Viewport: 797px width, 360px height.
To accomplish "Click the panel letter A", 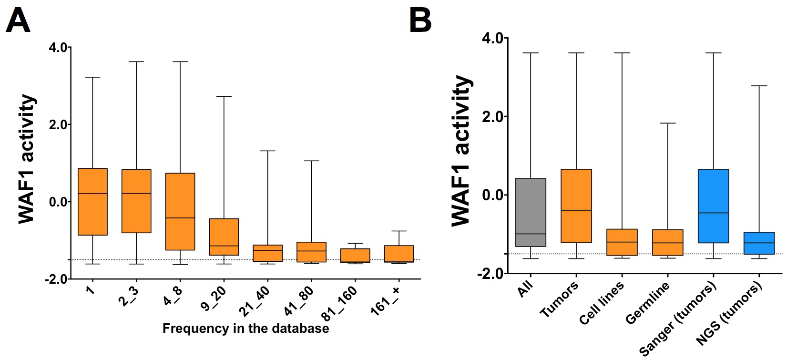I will tap(18, 21).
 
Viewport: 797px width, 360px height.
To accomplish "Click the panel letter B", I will tap(420, 21).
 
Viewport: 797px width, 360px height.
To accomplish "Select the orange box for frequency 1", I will tap(92, 202).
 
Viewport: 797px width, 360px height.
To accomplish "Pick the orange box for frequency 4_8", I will tap(180, 211).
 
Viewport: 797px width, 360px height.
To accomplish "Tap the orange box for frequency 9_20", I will tap(224, 237).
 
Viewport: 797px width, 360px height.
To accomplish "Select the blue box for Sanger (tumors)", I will tap(713, 206).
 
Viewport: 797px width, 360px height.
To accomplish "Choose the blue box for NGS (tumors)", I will tap(759, 243).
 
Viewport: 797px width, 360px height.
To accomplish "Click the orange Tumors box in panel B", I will tap(576, 206).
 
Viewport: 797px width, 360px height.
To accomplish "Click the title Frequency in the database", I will tap(245, 329).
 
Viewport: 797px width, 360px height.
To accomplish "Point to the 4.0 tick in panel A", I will tap(60, 48).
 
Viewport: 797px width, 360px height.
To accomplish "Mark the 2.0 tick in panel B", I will tap(492, 116).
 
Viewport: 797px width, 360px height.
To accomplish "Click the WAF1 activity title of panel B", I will tap(461, 150).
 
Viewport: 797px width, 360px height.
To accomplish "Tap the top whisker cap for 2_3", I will tap(136, 62).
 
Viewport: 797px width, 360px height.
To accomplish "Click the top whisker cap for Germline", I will tap(667, 123).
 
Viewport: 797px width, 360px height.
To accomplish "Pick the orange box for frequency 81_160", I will tap(355, 256).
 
